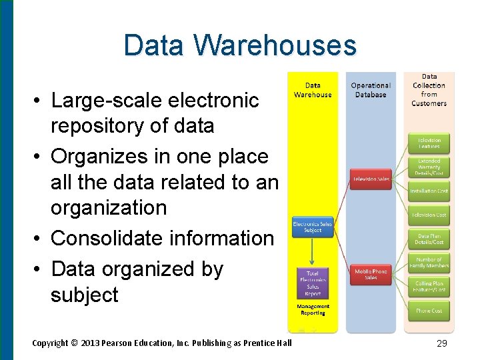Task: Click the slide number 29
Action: coord(441,343)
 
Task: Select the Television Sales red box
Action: coord(371,179)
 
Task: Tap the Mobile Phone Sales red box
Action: coord(371,274)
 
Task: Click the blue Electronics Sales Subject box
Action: coord(312,227)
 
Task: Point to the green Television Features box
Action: coord(429,143)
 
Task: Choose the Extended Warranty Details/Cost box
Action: coord(429,167)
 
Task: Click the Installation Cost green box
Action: coord(429,191)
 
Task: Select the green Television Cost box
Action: coord(429,215)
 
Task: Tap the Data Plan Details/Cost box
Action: coord(429,239)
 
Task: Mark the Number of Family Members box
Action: coord(429,263)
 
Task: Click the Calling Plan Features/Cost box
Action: coord(429,287)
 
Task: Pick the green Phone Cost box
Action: coord(429,311)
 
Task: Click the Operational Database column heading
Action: coord(371,90)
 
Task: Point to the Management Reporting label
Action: coord(312,310)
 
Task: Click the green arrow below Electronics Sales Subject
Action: coord(312,252)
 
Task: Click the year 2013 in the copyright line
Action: coord(90,343)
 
